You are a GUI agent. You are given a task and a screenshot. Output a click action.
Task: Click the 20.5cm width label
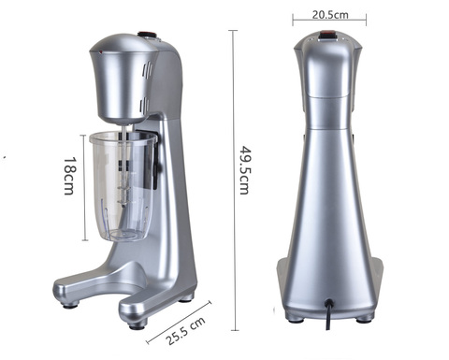[x=328, y=15]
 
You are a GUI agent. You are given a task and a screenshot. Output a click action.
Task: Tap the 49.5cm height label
[x=245, y=168]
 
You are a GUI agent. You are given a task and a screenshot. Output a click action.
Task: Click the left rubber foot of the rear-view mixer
[x=296, y=316]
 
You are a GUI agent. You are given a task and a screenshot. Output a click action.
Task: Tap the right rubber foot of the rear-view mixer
[x=365, y=316]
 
